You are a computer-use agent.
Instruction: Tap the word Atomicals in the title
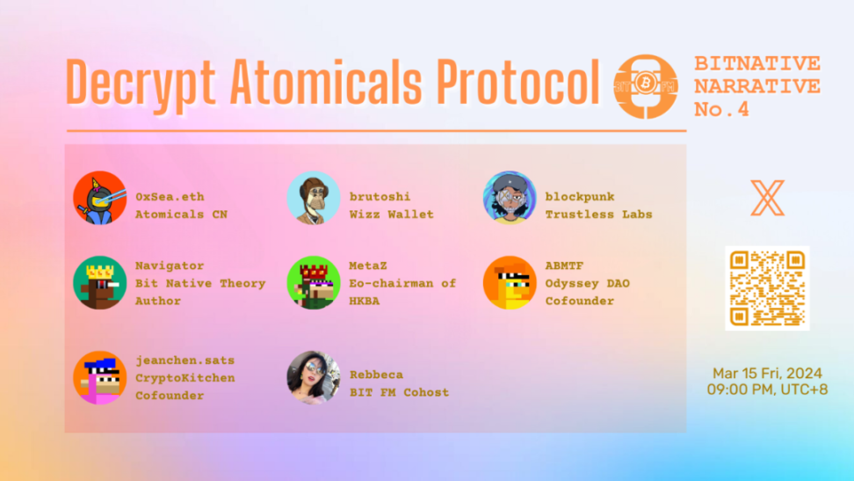(x=326, y=82)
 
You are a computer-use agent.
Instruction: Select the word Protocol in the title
(x=517, y=82)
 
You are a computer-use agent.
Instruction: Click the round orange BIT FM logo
(x=646, y=86)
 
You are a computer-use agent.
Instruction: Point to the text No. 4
(x=721, y=109)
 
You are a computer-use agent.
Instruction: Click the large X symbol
(x=767, y=198)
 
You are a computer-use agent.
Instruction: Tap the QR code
(x=767, y=288)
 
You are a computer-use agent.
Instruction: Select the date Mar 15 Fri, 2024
(x=767, y=374)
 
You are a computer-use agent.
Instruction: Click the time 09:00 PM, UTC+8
(x=767, y=390)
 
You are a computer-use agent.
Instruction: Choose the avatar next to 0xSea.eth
(x=99, y=198)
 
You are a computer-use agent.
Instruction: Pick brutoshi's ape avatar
(x=313, y=198)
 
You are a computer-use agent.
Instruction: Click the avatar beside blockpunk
(x=510, y=198)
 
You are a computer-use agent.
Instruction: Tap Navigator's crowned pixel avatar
(x=99, y=282)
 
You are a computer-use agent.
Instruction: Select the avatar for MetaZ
(x=313, y=282)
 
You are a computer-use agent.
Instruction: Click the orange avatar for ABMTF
(x=510, y=282)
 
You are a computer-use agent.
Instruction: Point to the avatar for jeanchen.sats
(x=99, y=377)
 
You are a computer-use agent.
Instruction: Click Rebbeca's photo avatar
(x=313, y=377)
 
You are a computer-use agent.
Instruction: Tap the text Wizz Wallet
(x=392, y=215)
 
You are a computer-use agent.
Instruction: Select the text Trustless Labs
(x=598, y=215)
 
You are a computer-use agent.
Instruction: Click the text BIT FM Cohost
(x=399, y=392)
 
